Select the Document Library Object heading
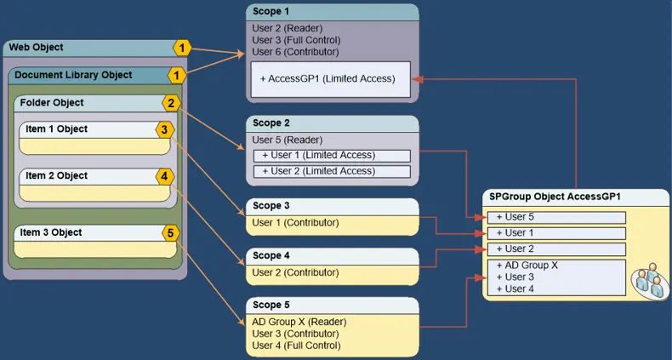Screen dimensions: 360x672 click(x=73, y=75)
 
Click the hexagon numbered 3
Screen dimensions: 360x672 click(x=164, y=130)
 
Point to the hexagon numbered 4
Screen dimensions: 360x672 click(x=164, y=177)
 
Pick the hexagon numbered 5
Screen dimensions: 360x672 click(x=170, y=232)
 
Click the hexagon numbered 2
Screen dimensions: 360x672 click(x=171, y=104)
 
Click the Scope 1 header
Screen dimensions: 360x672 click(x=271, y=10)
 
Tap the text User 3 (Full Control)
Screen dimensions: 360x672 click(x=296, y=40)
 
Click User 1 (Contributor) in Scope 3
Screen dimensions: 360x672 click(x=295, y=223)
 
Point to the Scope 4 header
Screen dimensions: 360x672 click(x=271, y=255)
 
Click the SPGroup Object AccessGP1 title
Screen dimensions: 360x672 click(x=555, y=197)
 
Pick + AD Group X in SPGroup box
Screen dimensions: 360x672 click(x=527, y=266)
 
